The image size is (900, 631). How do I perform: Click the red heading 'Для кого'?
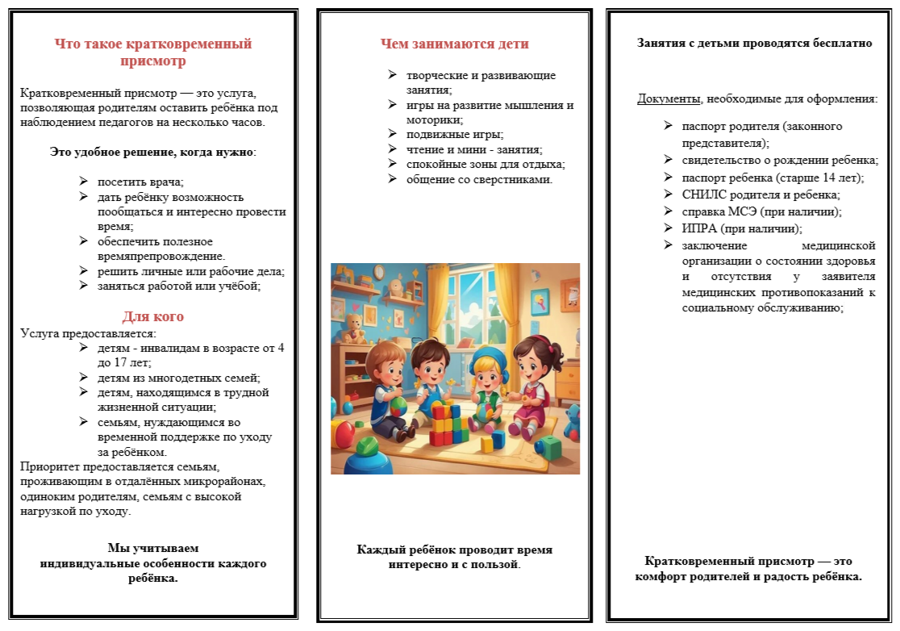click(x=152, y=316)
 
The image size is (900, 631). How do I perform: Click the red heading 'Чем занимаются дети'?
click(x=455, y=44)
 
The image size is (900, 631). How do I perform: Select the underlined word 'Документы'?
click(x=669, y=99)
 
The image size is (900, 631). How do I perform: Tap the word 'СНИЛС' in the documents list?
click(x=702, y=194)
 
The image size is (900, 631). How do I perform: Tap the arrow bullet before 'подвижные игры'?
click(x=392, y=134)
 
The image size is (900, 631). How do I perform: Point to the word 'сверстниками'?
click(x=517, y=179)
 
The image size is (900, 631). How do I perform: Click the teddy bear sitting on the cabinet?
click(x=352, y=326)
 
